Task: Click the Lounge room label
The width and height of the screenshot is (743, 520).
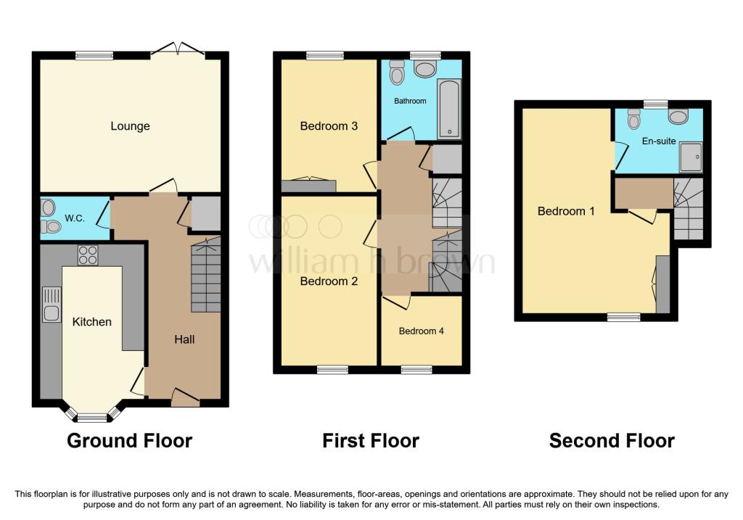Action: coord(130,126)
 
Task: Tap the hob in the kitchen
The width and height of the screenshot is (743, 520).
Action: coord(88,255)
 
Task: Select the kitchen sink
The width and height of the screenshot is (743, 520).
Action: coord(52,305)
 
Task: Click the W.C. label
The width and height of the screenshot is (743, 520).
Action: coord(75,218)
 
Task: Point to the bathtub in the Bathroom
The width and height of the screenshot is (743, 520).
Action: coord(449,110)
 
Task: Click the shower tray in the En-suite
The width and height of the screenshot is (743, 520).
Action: coord(691,157)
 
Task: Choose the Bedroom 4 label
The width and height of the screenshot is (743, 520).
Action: coord(422,331)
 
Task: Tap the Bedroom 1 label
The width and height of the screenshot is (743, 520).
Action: coord(566,211)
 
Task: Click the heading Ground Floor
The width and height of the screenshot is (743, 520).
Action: coord(129,440)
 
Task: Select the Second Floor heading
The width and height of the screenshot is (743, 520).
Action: coord(612,440)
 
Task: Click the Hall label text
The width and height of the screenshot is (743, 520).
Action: coord(184,339)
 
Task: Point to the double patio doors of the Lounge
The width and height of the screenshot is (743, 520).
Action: coord(178,49)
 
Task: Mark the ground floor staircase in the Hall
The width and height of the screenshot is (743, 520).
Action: coord(206,275)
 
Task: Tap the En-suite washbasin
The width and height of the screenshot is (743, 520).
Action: coord(678,116)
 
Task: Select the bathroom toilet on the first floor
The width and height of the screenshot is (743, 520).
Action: coord(397,72)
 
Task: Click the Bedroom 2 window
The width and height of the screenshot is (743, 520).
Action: coord(332,369)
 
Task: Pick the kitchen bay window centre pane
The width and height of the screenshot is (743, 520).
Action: coord(93,418)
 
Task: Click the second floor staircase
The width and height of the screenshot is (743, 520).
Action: coord(688,209)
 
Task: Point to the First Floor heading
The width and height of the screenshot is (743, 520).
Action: coord(371,440)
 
